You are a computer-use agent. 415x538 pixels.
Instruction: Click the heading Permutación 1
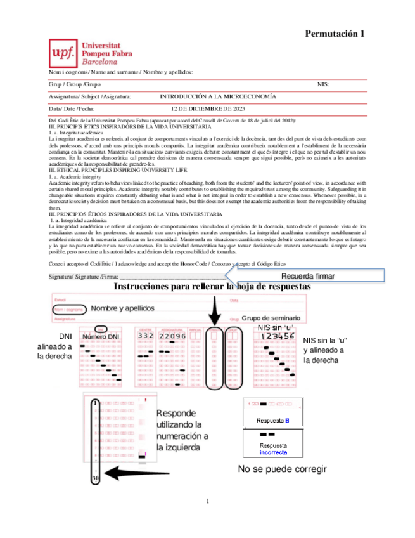[x=335, y=34]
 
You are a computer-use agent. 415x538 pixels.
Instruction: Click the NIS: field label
[x=323, y=84]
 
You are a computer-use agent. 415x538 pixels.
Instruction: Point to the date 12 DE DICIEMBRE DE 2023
[x=208, y=109]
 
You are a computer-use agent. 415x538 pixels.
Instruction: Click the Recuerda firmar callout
[x=307, y=276]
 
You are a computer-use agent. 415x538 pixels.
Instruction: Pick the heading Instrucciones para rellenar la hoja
[x=212, y=287]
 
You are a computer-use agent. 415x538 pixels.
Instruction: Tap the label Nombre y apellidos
[x=122, y=308]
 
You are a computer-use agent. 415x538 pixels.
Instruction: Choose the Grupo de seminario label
[x=271, y=317]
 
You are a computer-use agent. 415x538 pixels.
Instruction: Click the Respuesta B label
[x=273, y=421]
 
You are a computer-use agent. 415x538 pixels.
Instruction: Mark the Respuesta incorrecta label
[x=272, y=449]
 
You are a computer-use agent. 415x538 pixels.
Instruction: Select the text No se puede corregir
[x=282, y=469]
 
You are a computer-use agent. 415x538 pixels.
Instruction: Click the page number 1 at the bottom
[x=207, y=502]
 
